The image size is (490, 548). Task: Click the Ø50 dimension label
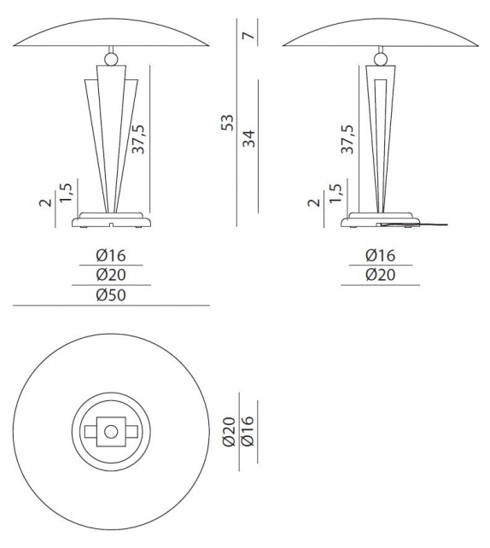tap(111, 294)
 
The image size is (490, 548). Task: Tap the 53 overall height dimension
tap(227, 123)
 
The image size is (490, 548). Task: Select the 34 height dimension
tap(249, 139)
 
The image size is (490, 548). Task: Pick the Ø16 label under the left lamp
tap(111, 254)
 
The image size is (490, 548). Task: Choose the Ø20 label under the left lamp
tap(111, 274)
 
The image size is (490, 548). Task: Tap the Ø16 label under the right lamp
tap(380, 254)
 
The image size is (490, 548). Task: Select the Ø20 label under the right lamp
tap(380, 274)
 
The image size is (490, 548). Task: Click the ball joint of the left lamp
tap(110, 59)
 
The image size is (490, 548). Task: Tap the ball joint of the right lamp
tap(379, 59)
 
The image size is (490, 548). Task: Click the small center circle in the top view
tap(110, 431)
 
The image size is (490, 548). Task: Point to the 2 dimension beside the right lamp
tap(313, 202)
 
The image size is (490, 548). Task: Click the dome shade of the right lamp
tap(379, 30)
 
